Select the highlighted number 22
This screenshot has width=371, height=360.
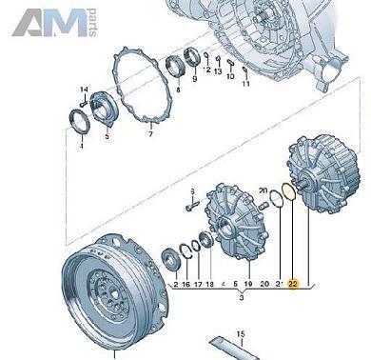(292, 284)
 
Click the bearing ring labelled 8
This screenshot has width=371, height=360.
(176, 67)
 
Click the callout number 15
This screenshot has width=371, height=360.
(242, 332)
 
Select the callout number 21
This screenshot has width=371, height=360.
(277, 284)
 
